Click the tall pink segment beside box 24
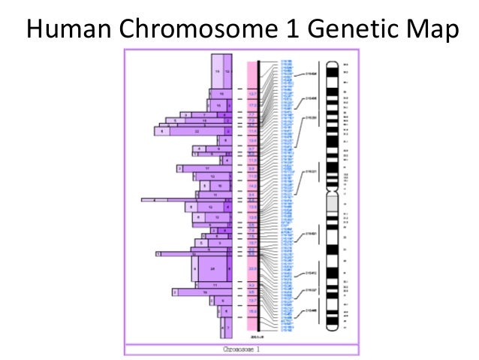coord(253,268)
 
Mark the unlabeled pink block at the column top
coord(253,75)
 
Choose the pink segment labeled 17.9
coord(253,106)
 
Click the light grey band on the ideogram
coord(332,203)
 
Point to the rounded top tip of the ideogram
coord(332,62)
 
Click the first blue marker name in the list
coord(287,62)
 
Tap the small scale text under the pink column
coord(254,337)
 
